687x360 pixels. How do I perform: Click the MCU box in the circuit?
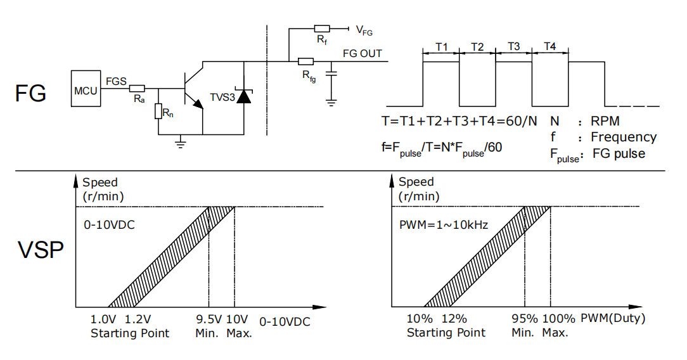point(86,89)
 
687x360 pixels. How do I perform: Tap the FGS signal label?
point(116,81)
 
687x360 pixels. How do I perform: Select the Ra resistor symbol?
point(137,89)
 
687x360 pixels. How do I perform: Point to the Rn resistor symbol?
point(158,112)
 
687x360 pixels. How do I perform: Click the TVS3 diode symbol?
point(244,96)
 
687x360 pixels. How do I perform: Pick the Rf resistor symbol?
point(322,29)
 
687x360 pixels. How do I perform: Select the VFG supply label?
point(364,30)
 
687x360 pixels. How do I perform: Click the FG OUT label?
point(363,53)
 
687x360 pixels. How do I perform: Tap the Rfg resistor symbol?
point(306,61)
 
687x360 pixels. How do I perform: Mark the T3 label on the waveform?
point(513,46)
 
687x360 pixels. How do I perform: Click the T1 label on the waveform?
point(442,46)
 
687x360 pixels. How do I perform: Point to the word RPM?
point(605,121)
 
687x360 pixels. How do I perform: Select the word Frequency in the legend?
point(624,138)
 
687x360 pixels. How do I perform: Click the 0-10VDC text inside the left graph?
point(110,225)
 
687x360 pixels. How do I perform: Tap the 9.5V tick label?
point(209,319)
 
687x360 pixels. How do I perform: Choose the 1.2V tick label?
point(138,319)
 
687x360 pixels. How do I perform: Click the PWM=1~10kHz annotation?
point(444,225)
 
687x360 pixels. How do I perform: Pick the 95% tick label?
point(525,319)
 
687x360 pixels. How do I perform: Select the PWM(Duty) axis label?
point(613,318)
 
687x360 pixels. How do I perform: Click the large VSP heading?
point(41,250)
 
